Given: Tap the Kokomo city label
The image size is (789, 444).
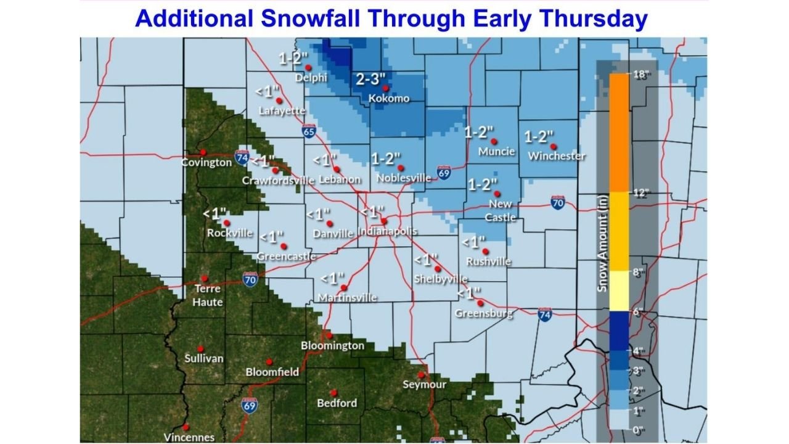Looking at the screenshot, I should click(388, 99).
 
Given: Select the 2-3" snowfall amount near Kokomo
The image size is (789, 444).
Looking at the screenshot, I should click(371, 79).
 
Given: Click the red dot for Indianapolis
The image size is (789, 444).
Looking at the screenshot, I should click(383, 221).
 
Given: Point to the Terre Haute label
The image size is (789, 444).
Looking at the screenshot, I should click(208, 295).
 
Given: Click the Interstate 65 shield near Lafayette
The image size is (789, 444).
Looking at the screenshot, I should click(309, 131).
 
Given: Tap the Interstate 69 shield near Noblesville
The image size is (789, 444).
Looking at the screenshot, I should click(443, 173).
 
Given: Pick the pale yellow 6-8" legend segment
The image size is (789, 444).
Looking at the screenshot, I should click(618, 291).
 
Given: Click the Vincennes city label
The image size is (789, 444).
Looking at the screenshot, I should click(189, 437).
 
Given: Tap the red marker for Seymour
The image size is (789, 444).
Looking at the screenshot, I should click(421, 374).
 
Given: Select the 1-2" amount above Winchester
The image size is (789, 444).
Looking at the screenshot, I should click(539, 136).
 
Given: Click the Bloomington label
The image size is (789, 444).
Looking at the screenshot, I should click(332, 345).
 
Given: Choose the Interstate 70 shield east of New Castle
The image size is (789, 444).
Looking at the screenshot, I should click(558, 202).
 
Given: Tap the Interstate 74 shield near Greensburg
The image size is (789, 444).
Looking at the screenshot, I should click(544, 314).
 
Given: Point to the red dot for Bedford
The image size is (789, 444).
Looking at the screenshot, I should click(333, 392).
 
